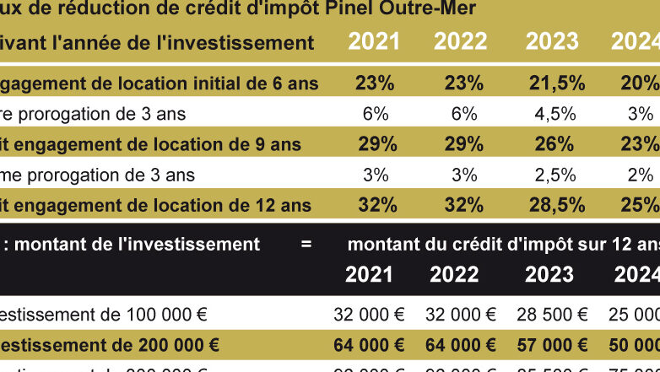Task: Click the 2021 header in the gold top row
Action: (x=375, y=42)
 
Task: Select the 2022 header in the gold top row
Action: (x=461, y=42)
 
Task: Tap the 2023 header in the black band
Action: (x=549, y=274)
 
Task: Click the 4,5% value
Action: (x=555, y=114)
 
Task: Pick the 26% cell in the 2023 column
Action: (x=555, y=144)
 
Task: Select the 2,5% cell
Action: (x=555, y=175)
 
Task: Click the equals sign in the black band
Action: (x=306, y=245)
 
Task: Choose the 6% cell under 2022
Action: (x=464, y=114)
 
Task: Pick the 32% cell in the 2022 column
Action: (x=464, y=205)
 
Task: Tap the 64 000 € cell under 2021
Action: (x=370, y=345)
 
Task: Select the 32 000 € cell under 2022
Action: (x=461, y=315)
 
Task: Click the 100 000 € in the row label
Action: (x=166, y=315)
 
